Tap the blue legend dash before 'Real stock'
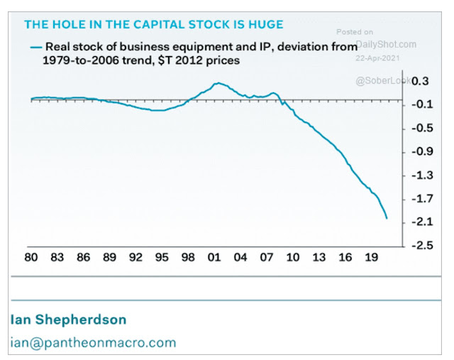(x=35, y=48)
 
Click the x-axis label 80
(x=31, y=258)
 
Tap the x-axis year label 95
(x=162, y=258)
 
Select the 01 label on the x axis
(x=214, y=258)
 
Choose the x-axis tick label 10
(x=293, y=258)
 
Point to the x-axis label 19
(x=371, y=258)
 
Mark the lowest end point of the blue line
(x=387, y=218)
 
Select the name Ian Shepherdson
(x=67, y=317)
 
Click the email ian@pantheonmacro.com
(x=93, y=342)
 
